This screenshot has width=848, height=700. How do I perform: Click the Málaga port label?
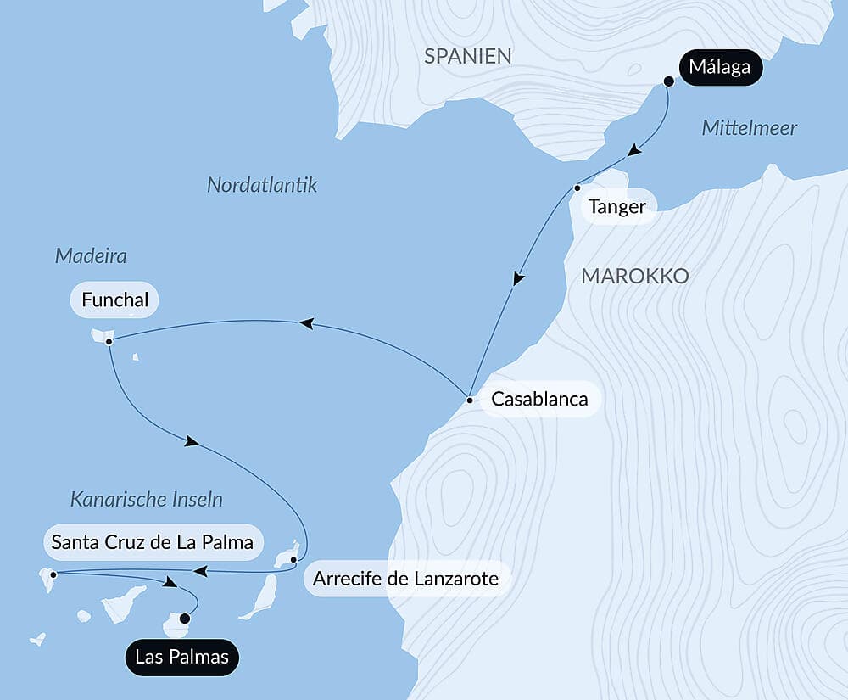(720, 68)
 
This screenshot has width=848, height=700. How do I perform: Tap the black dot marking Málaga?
(668, 81)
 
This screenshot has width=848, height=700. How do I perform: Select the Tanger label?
(618, 207)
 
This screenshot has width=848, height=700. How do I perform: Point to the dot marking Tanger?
(577, 188)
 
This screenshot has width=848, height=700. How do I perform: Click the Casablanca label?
(539, 399)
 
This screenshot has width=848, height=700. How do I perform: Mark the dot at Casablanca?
(469, 399)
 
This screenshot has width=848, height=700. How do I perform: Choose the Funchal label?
(114, 300)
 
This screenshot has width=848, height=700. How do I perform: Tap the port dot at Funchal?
(109, 341)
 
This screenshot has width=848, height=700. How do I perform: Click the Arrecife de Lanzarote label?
(405, 580)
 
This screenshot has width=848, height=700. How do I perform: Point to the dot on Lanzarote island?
(293, 559)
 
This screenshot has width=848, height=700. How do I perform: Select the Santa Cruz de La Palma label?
(153, 541)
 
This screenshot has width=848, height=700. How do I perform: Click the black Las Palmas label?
(182, 658)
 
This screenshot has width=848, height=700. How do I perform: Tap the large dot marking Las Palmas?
(185, 619)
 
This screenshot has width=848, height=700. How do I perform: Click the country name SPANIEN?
(468, 57)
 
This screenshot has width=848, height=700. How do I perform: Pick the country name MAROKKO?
(634, 277)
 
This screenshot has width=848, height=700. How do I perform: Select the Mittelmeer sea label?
(750, 129)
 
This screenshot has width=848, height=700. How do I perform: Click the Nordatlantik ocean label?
(262, 185)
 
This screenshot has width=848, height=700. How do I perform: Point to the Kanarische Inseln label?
(147, 500)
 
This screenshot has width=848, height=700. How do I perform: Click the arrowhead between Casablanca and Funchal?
(305, 322)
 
